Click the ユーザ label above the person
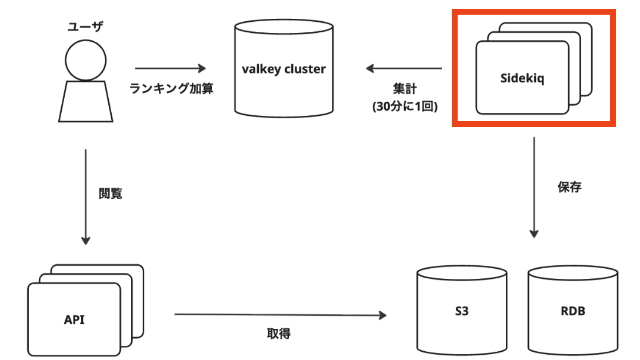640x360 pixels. [85, 26]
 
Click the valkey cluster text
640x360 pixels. [284, 69]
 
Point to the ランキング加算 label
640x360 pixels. [171, 89]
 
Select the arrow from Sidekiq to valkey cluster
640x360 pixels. [404, 68]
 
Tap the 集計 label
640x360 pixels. [405, 89]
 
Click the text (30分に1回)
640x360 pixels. [404, 107]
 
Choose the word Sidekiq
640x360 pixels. [522, 78]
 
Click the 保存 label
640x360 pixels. [569, 187]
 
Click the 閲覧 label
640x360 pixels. [111, 193]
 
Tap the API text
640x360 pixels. [74, 319]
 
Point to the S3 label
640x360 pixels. [461, 312]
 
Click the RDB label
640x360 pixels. [573, 312]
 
